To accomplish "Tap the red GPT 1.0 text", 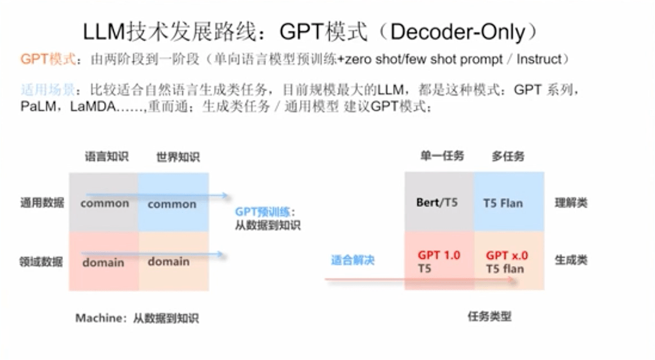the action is tap(439, 255).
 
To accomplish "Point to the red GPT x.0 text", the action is tap(507, 255).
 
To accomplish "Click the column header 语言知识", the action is tap(107, 156).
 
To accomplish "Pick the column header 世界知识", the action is tap(178, 157).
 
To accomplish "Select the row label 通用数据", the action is tap(42, 203).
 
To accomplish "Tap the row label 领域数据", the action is tap(41, 262).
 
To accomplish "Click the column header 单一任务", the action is tap(442, 156).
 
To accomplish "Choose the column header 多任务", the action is tap(508, 156).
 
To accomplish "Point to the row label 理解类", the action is tap(571, 203).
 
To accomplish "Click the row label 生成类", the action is tap(571, 260).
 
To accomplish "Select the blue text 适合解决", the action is tap(352, 261).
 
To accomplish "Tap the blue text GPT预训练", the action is tap(263, 211).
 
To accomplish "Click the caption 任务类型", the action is tap(489, 316).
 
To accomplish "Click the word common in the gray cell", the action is tap(104, 204).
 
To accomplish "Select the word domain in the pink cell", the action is tap(103, 262).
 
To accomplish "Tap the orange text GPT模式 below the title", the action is tap(48, 59).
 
